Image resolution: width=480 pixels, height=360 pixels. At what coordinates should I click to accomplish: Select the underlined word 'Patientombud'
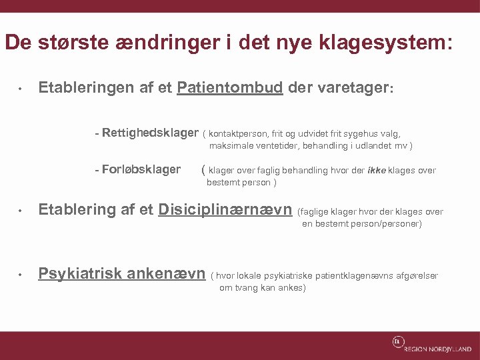[230, 87]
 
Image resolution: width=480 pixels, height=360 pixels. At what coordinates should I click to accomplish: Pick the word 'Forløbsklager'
[141, 169]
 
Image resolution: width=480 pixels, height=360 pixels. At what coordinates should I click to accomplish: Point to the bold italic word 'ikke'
[376, 170]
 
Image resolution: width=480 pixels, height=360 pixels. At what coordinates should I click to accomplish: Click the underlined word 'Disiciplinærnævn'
[225, 210]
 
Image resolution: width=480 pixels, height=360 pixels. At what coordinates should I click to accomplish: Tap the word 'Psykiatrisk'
[80, 273]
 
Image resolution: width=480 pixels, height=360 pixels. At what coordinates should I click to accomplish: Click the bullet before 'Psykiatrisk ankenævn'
[21, 275]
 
